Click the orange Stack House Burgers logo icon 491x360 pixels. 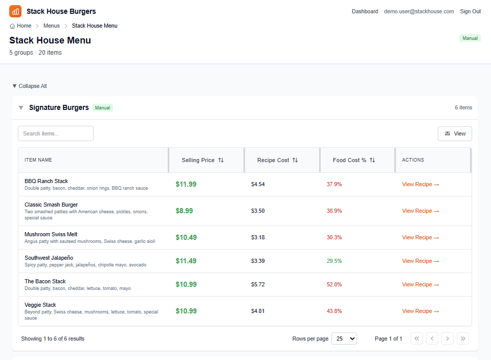(x=15, y=11)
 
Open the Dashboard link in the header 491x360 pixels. (x=365, y=11)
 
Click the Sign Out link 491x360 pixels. (x=470, y=11)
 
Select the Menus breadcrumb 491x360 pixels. (x=51, y=26)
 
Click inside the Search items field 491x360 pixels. (x=56, y=133)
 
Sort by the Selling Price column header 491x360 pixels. (x=203, y=160)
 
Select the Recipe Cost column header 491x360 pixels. (x=277, y=160)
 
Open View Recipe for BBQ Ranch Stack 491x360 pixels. (x=420, y=184)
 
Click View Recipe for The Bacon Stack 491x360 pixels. (x=420, y=284)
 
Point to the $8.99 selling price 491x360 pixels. (x=184, y=211)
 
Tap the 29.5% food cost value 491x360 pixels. (x=334, y=261)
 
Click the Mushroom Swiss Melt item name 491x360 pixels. (x=51, y=234)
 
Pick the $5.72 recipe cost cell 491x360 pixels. (x=258, y=284)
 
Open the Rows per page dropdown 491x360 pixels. (x=344, y=339)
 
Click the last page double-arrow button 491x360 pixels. (x=463, y=339)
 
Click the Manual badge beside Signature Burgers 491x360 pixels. (x=102, y=108)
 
